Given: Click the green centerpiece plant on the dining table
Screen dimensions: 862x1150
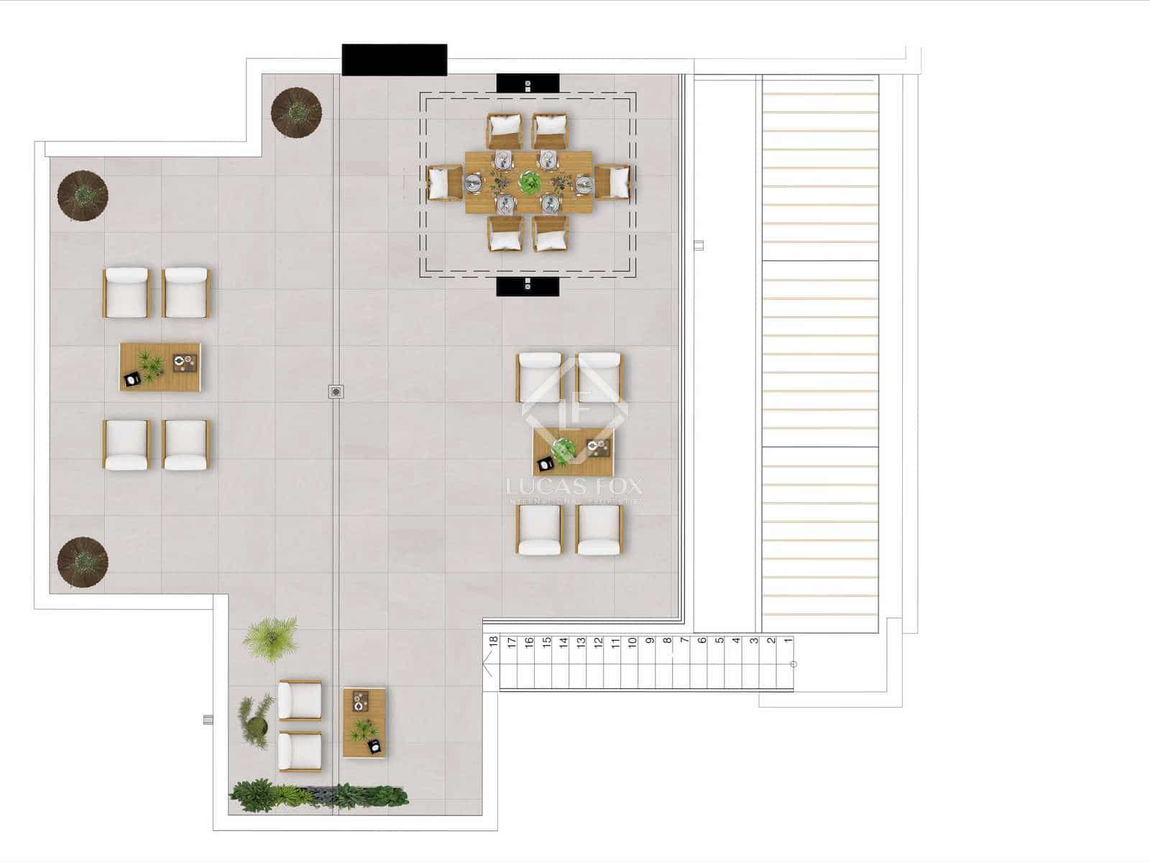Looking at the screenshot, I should [529, 182].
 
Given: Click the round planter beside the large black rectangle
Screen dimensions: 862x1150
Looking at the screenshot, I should [296, 111].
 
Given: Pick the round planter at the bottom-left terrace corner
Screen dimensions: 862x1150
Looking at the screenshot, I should [83, 561].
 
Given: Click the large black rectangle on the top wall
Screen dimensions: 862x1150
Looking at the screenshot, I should [394, 60].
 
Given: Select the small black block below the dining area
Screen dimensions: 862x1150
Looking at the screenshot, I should [528, 286].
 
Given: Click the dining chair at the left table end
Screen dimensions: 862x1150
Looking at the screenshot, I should [444, 182].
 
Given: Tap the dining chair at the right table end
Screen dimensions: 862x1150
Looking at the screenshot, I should [612, 182].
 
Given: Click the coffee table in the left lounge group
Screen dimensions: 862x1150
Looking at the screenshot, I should [160, 367].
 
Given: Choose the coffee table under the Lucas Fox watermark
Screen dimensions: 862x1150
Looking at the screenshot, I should [574, 452].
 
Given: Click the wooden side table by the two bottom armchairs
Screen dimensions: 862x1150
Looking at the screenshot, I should [364, 722].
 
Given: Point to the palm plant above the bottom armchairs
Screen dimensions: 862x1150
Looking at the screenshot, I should [270, 636].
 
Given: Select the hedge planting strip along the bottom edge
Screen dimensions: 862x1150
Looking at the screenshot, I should [318, 796].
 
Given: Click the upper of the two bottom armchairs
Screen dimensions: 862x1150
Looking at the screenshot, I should [300, 700].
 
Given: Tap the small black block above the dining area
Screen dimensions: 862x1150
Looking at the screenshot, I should [528, 83].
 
